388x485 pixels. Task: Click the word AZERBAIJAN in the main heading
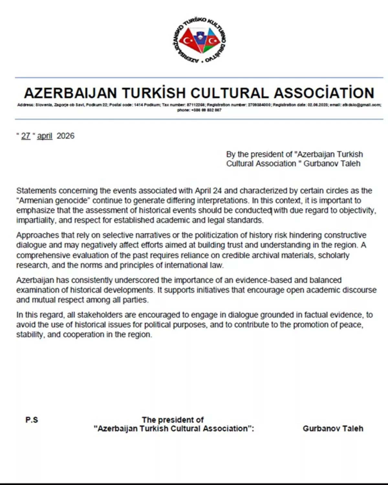pyautogui.click(x=70, y=93)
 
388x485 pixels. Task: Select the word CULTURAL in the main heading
pyautogui.click(x=229, y=93)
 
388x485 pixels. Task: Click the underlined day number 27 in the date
pyautogui.click(x=26, y=136)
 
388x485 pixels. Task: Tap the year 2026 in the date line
pyautogui.click(x=65, y=136)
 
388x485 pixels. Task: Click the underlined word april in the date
pyautogui.click(x=45, y=136)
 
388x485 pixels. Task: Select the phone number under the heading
pyautogui.click(x=199, y=110)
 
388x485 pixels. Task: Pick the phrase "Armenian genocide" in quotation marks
pyautogui.click(x=52, y=200)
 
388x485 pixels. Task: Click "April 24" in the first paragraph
pyautogui.click(x=208, y=190)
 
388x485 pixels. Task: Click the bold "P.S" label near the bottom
pyautogui.click(x=32, y=420)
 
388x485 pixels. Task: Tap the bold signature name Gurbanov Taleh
pyautogui.click(x=333, y=428)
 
